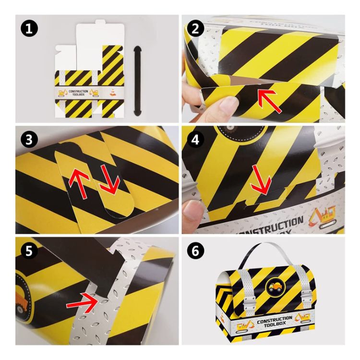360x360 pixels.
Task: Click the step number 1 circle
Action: pyautogui.click(x=29, y=29)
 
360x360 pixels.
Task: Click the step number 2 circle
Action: pyautogui.click(x=195, y=29)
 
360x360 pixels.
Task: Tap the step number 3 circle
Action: pyautogui.click(x=29, y=140)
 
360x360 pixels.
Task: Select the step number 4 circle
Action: pyautogui.click(x=195, y=140)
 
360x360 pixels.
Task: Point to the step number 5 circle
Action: pyautogui.click(x=29, y=251)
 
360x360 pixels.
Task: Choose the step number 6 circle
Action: pyautogui.click(x=195, y=251)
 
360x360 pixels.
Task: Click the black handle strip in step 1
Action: pyautogui.click(x=138, y=80)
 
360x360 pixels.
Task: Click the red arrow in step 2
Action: pyautogui.click(x=269, y=101)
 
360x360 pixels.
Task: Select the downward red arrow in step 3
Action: pyautogui.click(x=109, y=180)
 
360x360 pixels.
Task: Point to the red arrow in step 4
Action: pyautogui.click(x=262, y=180)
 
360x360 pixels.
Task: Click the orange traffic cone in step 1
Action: pyautogui.click(x=112, y=92)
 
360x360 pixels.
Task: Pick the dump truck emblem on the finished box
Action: pyautogui.click(x=275, y=287)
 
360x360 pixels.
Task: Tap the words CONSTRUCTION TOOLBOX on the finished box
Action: pyautogui.click(x=275, y=320)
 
